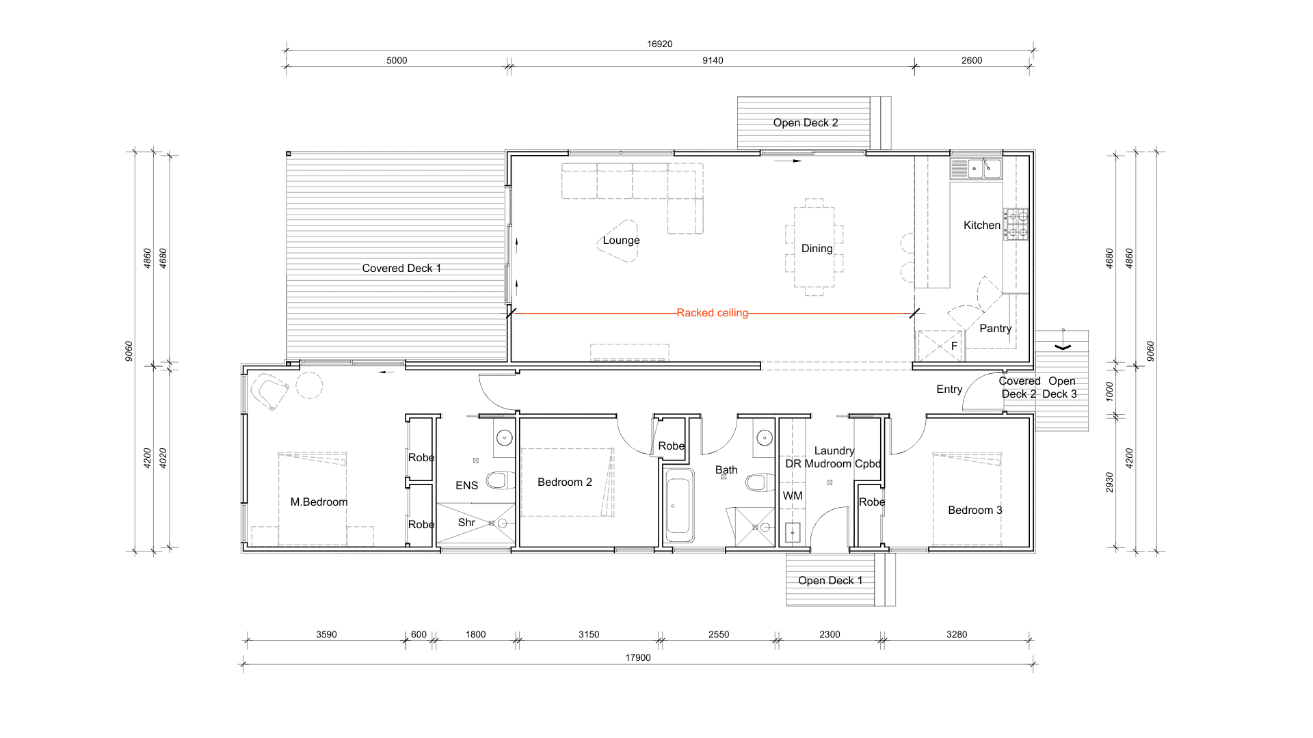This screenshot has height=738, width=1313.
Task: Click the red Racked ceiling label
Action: pos(712,313)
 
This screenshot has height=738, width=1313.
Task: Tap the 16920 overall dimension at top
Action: pos(659,44)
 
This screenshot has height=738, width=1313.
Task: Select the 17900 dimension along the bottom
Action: pos(637,657)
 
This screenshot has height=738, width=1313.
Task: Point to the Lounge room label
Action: pos(621,241)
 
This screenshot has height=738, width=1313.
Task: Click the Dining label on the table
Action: pos(817,249)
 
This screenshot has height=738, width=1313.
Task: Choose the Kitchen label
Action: pos(981,225)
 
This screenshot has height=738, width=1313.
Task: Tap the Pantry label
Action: pos(995,329)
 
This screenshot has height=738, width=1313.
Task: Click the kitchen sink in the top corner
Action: pos(977,168)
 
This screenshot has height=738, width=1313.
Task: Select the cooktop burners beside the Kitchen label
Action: pos(1016,224)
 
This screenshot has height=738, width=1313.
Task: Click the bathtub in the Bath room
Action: pos(678,506)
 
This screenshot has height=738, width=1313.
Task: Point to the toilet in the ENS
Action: pos(500,480)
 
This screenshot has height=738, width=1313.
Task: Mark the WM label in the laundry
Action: pos(793,496)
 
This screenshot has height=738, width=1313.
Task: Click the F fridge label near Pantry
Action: pos(954,346)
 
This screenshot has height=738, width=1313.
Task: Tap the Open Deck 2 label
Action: pos(805,123)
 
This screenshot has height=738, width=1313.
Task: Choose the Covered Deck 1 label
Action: pos(401,269)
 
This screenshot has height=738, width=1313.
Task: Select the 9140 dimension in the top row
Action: pos(713,60)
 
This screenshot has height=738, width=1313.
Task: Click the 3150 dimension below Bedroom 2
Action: pos(589,634)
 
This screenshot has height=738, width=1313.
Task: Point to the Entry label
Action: pos(949,389)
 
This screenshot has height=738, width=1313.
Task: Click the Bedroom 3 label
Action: pos(974,510)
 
